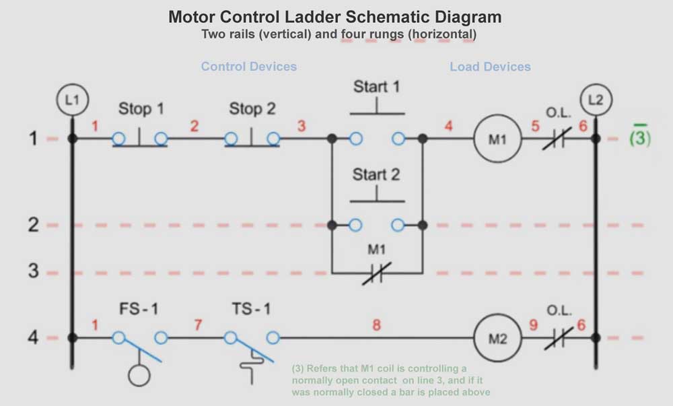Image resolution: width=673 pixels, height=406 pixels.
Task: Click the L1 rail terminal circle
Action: (x=72, y=101)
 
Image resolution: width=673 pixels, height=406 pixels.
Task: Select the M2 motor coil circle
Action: (x=498, y=338)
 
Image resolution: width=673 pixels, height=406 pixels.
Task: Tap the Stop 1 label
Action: (x=141, y=109)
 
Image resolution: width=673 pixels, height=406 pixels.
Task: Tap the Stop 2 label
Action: (x=252, y=108)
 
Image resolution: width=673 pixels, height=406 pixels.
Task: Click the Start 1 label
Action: (x=376, y=87)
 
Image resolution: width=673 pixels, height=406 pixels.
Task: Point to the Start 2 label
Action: (x=376, y=175)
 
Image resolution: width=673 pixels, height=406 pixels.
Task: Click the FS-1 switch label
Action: (x=139, y=310)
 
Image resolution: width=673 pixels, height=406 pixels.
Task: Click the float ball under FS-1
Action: (x=139, y=375)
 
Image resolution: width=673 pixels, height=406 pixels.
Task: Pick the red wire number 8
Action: (x=376, y=325)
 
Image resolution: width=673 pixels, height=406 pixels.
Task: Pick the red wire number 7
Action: (x=198, y=325)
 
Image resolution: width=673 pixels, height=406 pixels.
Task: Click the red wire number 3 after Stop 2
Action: (x=301, y=126)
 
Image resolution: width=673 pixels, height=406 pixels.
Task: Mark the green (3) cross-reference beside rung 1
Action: (x=639, y=137)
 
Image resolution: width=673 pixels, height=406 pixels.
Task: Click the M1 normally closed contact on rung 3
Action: (x=376, y=273)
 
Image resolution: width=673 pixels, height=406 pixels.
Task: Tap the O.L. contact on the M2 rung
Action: (x=558, y=338)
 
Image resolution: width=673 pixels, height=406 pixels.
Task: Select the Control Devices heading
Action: (x=249, y=67)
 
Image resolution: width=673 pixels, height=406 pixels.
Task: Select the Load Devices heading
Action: (x=490, y=67)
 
